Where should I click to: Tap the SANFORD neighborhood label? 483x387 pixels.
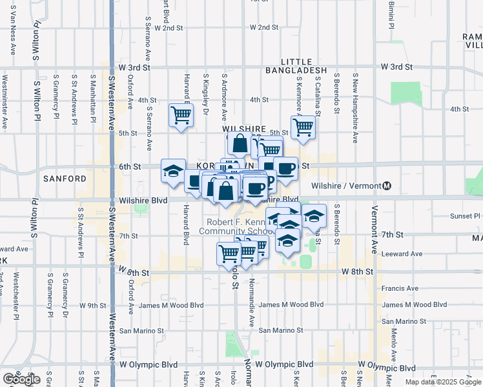point(65,178)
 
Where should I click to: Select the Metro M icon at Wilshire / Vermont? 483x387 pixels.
point(387,186)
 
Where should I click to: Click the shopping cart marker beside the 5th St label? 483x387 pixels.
point(302,126)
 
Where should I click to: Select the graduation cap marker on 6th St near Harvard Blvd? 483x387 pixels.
point(173,170)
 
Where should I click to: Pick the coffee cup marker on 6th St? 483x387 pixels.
point(285,169)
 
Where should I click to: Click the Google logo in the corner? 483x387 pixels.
point(21,379)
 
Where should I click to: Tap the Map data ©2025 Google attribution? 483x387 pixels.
point(443,382)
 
